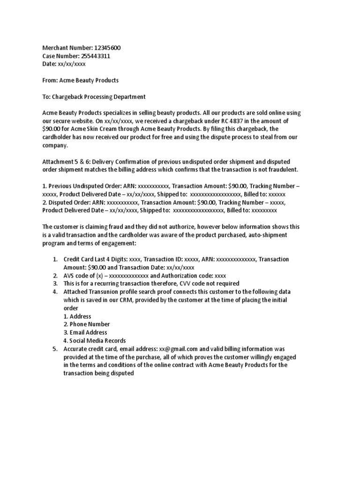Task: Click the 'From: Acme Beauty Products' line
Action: pyautogui.click(x=80, y=80)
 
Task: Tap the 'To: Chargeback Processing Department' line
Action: pyautogui.click(x=94, y=97)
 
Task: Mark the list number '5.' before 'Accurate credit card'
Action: pyautogui.click(x=55, y=349)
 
